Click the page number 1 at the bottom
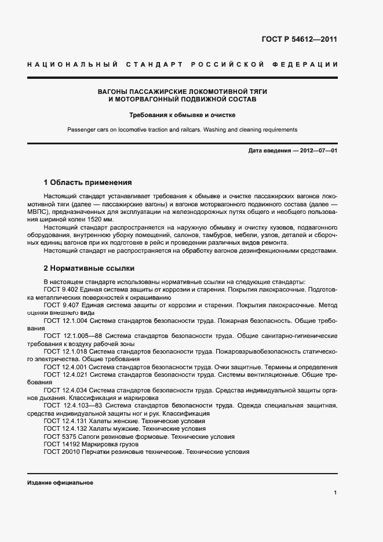pos(335,492)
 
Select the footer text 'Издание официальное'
pos(60,483)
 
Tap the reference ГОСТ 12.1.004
pos(65,320)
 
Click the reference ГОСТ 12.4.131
pos(65,420)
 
